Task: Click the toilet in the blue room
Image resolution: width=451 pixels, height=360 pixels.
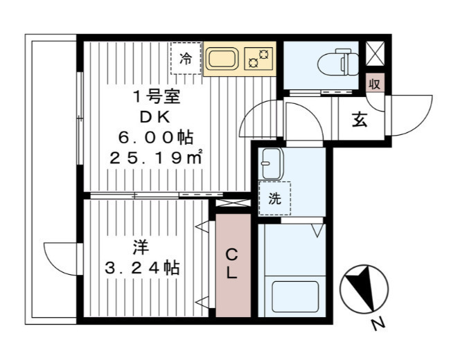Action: [339, 62]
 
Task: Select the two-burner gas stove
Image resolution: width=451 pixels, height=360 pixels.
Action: [258, 59]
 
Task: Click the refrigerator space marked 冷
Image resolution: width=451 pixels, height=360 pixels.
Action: [186, 58]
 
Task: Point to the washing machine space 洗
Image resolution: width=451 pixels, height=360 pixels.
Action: [274, 199]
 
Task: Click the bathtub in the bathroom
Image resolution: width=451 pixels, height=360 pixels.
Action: [295, 297]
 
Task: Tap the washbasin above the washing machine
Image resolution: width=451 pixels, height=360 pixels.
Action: [270, 164]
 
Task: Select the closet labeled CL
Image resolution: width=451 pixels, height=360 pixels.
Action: [233, 265]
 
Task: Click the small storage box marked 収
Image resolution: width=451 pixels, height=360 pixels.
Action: [375, 84]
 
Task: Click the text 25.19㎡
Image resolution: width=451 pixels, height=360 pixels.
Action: [156, 158]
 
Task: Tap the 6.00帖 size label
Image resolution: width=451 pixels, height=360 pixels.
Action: [156, 138]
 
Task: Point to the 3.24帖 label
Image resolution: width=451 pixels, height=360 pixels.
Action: [142, 268]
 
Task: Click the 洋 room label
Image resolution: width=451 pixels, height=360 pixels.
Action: [141, 248]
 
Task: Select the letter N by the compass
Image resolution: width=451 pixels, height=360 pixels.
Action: [378, 324]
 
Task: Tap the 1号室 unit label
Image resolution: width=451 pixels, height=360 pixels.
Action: [156, 97]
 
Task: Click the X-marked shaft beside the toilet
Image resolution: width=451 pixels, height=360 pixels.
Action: [375, 53]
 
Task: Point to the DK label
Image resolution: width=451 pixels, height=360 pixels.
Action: [155, 117]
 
